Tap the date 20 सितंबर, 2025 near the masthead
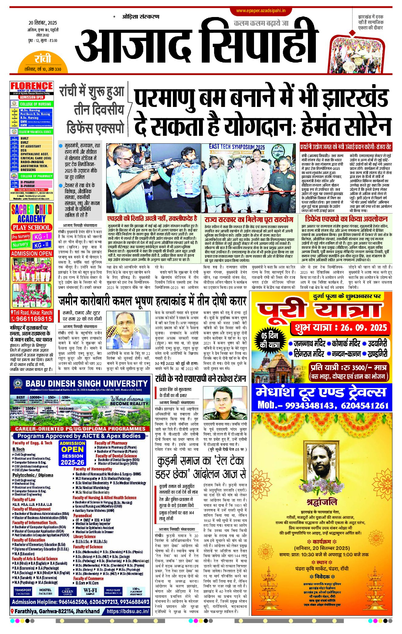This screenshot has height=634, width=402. [x=42, y=23]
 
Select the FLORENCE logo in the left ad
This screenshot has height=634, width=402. [x=32, y=86]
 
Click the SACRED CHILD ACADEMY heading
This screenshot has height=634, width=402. [x=32, y=214]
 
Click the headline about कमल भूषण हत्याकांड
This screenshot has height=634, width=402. [x=152, y=301]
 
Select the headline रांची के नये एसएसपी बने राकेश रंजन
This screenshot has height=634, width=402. [x=200, y=379]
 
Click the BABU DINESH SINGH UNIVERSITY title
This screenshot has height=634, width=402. [x=86, y=383]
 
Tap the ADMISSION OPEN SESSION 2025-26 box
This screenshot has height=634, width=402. [x=72, y=453]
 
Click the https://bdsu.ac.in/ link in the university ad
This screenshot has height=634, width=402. [x=128, y=611]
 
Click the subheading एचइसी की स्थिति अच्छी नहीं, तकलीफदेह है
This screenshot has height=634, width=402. [x=152, y=219]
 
